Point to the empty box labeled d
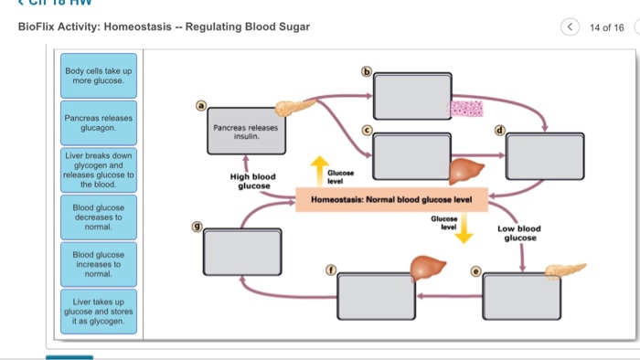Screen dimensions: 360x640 (x=545, y=155)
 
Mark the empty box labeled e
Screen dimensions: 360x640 (x=521, y=294)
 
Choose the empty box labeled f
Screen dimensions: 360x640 (x=376, y=294)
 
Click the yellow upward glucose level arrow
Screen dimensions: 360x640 (x=319, y=170)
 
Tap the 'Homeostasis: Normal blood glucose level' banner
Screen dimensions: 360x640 (x=391, y=198)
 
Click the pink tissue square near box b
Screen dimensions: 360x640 (x=464, y=110)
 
